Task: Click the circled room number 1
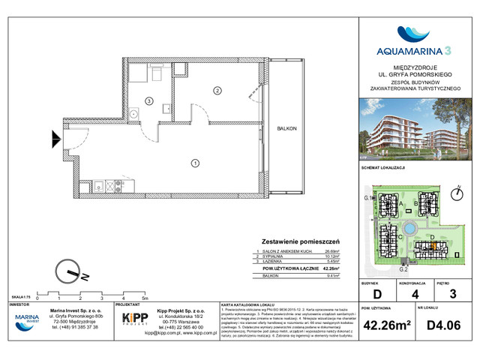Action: pos(194,162)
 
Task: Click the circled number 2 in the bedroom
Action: pos(217,91)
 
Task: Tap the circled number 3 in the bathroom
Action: pos(149,100)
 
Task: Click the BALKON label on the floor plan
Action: pos(286,128)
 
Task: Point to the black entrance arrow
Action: pos(57,138)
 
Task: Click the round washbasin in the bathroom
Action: pos(133,113)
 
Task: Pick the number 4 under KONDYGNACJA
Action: pos(414,295)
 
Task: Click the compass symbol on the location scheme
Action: pos(457,193)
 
